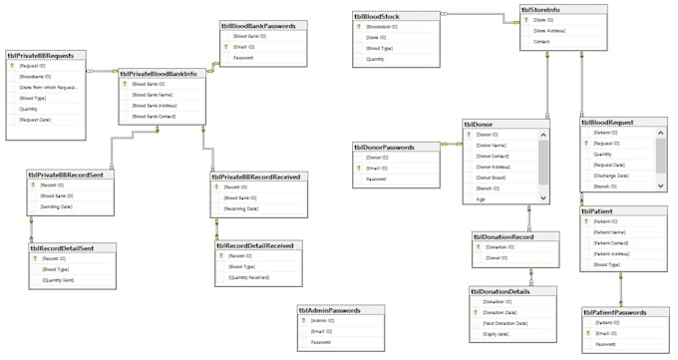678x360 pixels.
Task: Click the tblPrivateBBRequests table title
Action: [47, 56]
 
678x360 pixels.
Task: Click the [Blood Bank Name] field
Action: [154, 95]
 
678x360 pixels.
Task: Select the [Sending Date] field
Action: [58, 206]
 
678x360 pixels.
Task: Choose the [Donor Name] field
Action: [494, 146]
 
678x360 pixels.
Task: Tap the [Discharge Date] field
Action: [613, 176]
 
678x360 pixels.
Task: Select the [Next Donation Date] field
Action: [506, 323]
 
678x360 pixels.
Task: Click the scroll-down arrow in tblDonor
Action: [543, 198]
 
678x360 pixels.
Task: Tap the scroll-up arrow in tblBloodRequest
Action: [661, 133]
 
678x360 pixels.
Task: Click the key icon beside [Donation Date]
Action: [475, 312]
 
